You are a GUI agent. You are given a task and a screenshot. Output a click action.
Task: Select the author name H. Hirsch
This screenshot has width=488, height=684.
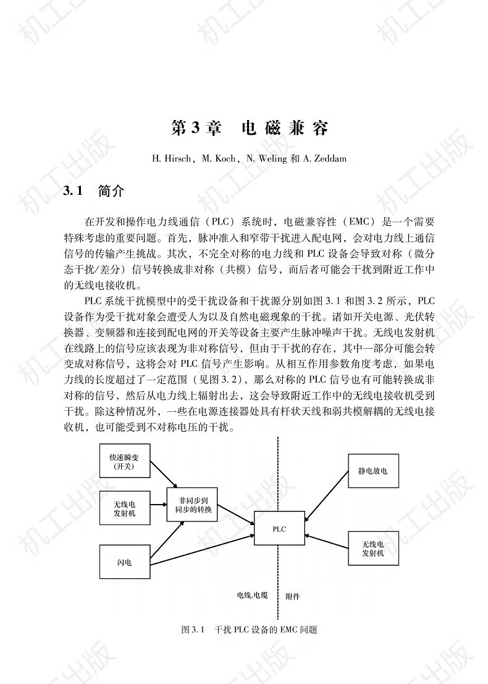(173, 159)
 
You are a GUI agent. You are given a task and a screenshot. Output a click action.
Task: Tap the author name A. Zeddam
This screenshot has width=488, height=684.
(325, 159)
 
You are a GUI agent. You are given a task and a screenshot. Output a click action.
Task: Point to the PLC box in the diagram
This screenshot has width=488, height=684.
(279, 529)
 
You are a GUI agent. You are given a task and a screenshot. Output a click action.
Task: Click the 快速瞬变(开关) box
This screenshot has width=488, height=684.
(125, 461)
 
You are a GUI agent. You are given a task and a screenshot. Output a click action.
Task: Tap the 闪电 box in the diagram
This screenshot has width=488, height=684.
(125, 563)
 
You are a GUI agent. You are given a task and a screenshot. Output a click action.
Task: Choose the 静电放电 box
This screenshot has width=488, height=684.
(372, 471)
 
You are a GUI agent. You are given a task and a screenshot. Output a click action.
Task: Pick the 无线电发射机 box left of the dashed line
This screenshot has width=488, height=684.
(125, 508)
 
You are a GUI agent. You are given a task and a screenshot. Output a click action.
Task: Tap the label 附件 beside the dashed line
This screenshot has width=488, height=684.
(293, 597)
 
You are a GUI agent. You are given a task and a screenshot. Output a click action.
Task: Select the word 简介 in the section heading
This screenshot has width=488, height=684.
(112, 191)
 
